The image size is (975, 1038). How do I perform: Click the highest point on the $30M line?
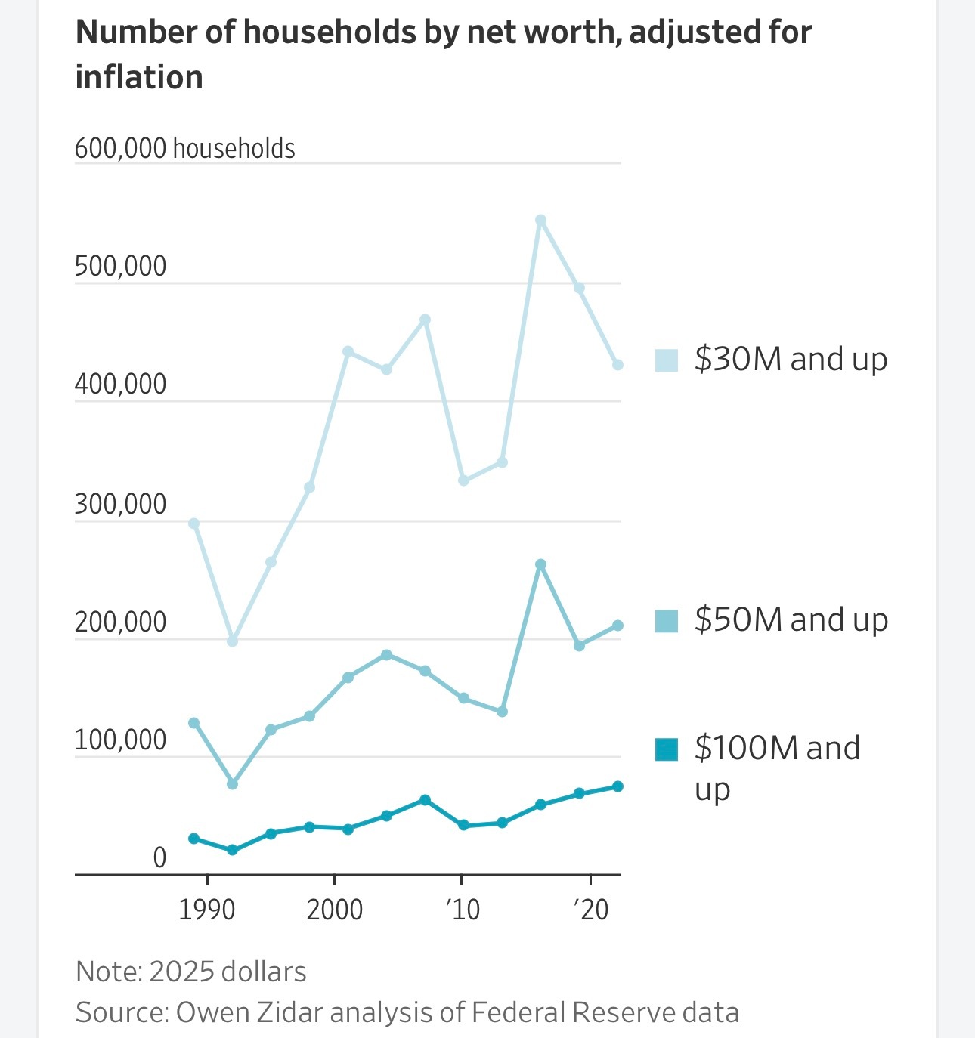tap(540, 221)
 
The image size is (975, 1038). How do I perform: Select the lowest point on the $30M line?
tap(232, 641)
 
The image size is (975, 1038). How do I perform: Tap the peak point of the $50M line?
tap(540, 564)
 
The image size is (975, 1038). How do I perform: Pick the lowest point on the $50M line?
tap(232, 784)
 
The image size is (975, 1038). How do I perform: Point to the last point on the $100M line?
tap(617, 786)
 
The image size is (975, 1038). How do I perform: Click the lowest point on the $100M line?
tap(232, 850)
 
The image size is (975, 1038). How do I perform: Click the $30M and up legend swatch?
tap(666, 360)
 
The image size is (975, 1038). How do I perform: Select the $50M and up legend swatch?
tap(666, 621)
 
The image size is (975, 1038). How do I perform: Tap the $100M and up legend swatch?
tap(666, 749)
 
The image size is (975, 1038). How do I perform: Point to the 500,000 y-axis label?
tap(120, 267)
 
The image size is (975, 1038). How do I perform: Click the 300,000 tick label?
tap(120, 504)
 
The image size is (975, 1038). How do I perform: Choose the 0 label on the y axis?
tap(159, 858)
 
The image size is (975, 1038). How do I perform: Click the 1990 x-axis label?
tap(207, 910)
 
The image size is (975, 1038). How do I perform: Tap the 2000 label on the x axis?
tap(334, 910)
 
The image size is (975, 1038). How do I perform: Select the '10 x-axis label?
tap(462, 910)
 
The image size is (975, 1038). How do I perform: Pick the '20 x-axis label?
tap(590, 910)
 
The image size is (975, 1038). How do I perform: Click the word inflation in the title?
tap(140, 77)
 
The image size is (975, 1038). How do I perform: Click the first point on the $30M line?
tap(193, 524)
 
